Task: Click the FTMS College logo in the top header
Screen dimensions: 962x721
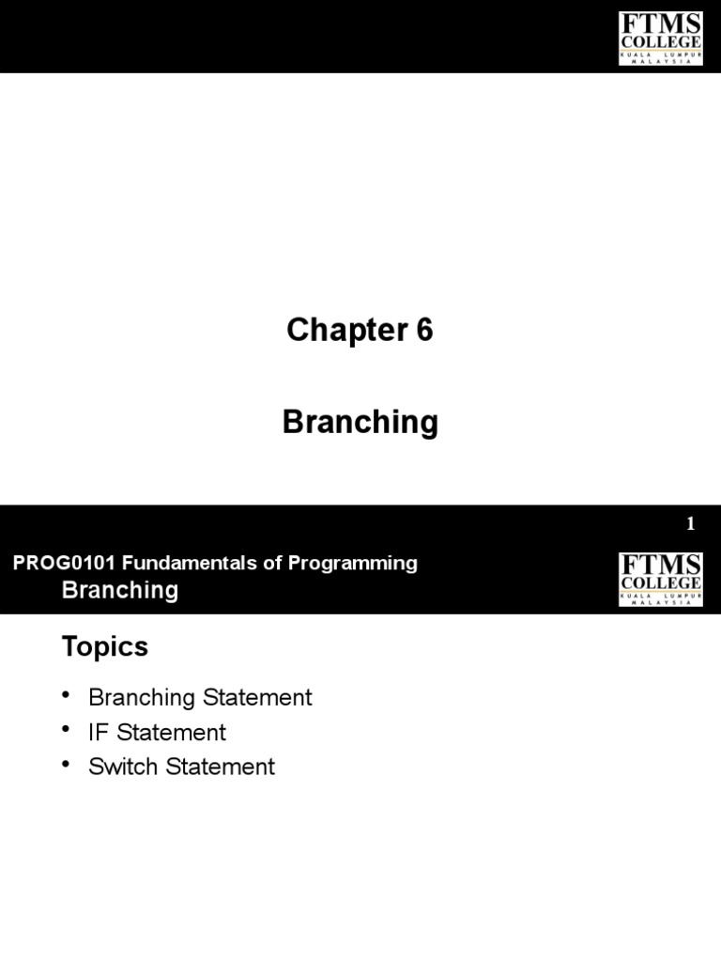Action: (x=660, y=37)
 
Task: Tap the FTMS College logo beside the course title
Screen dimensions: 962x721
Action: (x=660, y=579)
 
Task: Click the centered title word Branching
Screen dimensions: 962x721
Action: (x=360, y=423)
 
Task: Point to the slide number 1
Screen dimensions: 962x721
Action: (x=691, y=525)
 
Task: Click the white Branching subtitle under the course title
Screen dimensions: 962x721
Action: (x=119, y=590)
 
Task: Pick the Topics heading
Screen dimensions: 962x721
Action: (x=105, y=646)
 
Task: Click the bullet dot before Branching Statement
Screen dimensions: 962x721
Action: (x=67, y=695)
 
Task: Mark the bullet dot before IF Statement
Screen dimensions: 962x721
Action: (x=67, y=730)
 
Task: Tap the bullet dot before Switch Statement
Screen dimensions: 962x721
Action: (x=67, y=765)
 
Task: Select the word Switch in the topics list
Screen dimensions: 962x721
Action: (x=123, y=767)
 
